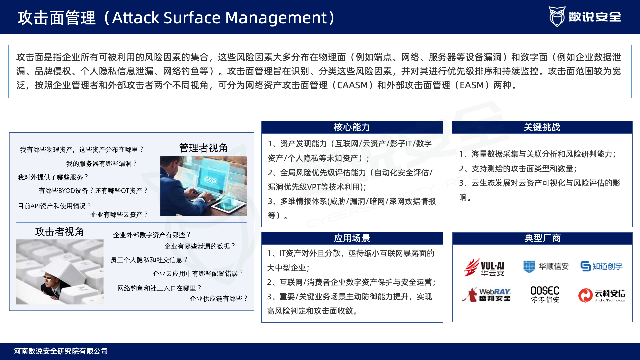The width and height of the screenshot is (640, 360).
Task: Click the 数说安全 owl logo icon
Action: click(557, 16)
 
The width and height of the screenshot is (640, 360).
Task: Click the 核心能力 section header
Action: click(352, 127)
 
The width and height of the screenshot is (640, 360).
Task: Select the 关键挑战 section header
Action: click(542, 127)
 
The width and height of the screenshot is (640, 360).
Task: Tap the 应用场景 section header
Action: click(352, 238)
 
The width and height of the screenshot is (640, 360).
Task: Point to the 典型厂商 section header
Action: click(542, 238)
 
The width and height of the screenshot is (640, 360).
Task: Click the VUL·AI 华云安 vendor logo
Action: click(484, 267)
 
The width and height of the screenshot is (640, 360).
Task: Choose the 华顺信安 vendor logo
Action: click(546, 266)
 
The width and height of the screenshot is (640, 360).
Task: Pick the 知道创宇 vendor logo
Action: click(601, 266)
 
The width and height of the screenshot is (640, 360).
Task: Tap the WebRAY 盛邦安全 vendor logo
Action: click(486, 295)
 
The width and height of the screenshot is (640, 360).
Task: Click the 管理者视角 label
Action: click(203, 148)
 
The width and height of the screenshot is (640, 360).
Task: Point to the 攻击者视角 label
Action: click(59, 231)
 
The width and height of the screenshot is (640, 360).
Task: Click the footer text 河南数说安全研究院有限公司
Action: click(61, 351)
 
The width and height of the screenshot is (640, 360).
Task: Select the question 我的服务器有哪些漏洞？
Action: click(102, 163)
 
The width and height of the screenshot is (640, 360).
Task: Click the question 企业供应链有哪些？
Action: click(219, 298)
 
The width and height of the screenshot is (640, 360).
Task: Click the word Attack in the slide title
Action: click(135, 18)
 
